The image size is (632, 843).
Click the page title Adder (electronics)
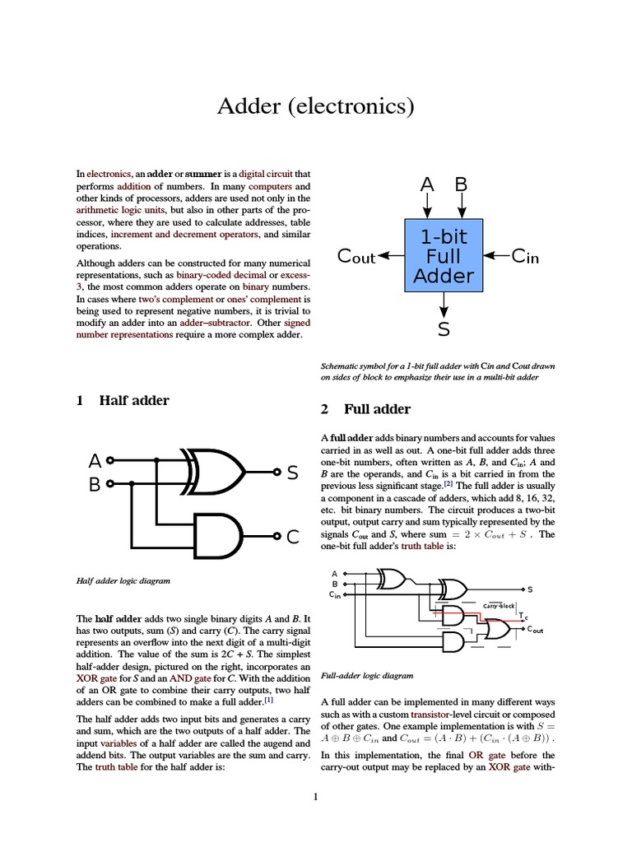tap(315, 106)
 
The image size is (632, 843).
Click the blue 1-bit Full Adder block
tap(444, 255)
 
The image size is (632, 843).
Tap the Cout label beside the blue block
tap(356, 257)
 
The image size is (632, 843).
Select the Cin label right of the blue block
tap(525, 256)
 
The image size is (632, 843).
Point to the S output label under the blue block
tap(444, 329)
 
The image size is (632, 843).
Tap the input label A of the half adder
tap(95, 460)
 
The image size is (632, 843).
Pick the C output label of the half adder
tap(293, 538)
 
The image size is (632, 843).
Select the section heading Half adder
tap(133, 401)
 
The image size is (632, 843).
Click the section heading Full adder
tap(377, 409)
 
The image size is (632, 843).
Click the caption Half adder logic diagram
tap(123, 580)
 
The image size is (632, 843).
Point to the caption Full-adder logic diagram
tap(366, 676)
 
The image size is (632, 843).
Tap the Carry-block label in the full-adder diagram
tap(499, 606)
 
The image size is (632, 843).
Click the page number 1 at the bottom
tap(315, 796)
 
